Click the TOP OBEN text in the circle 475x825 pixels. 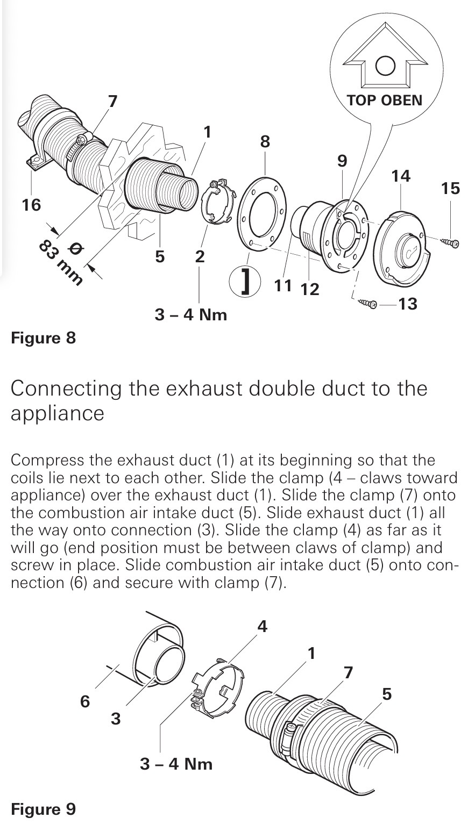pos(384,100)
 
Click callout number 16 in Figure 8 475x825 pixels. pos(31,205)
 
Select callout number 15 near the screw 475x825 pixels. pos(450,188)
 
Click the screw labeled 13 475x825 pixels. pos(367,304)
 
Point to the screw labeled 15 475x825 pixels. pos(450,242)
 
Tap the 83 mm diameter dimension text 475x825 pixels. pos(61,262)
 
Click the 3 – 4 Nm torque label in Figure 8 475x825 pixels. pos(191,314)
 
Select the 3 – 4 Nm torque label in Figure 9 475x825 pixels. pos(176,764)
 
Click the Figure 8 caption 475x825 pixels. pos(44,338)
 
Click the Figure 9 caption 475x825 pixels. pos(44,809)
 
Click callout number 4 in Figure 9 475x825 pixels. pos(262,626)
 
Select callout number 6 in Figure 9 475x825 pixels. pos(85,701)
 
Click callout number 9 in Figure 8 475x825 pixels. pos(342,161)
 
